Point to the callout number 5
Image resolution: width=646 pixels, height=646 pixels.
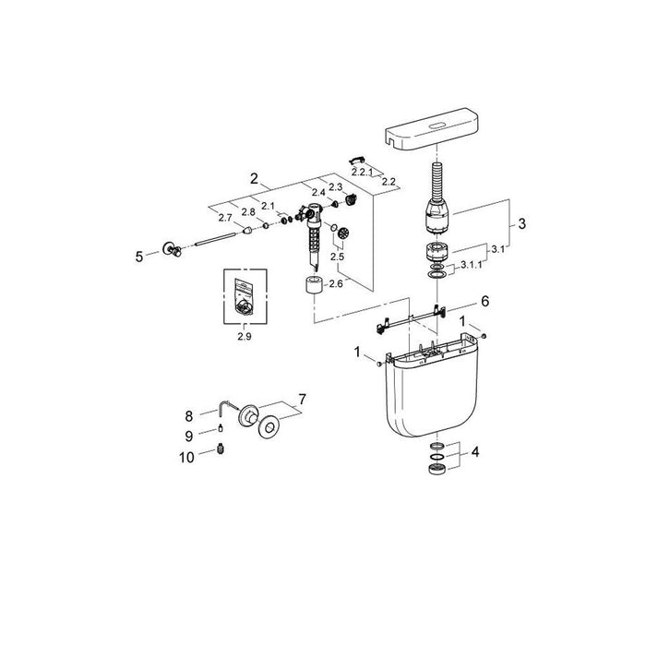tap(139, 256)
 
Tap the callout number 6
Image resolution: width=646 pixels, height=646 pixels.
tap(484, 302)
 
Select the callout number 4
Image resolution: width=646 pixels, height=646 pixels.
tap(474, 452)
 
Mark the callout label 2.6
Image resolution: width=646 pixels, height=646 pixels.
tap(334, 283)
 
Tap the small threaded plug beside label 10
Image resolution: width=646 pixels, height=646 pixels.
tap(221, 449)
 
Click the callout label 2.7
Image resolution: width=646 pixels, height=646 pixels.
tap(226, 218)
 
